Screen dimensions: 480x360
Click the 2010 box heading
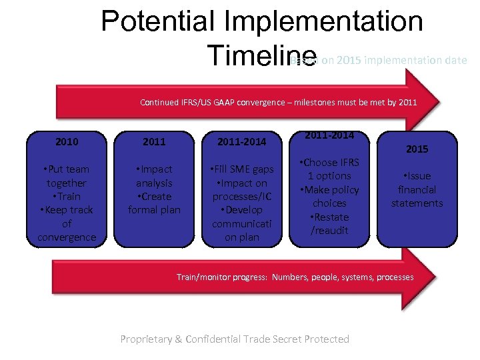click(x=67, y=141)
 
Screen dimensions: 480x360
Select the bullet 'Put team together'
click(x=67, y=176)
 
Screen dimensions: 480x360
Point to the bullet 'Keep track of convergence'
click(x=67, y=223)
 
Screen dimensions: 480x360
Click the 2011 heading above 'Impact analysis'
click(x=154, y=141)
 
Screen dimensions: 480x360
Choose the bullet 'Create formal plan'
click(x=154, y=203)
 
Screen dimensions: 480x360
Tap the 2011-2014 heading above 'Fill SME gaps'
click(x=242, y=141)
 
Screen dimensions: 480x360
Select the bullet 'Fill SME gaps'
click(x=242, y=169)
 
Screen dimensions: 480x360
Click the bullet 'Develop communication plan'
click(x=242, y=223)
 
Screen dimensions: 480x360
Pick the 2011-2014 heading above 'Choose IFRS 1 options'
click(x=330, y=135)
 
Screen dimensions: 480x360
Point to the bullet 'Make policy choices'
click(x=330, y=196)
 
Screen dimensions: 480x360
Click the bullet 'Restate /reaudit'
click(x=330, y=223)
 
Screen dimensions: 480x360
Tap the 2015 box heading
click(x=417, y=149)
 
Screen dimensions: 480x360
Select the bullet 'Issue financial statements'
click(x=417, y=189)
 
